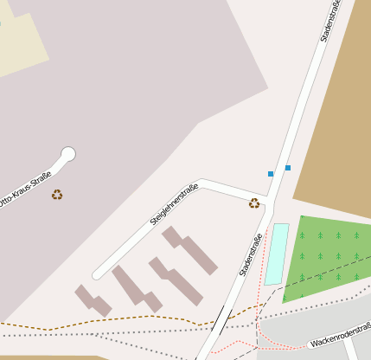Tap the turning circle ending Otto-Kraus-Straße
coord(68,154)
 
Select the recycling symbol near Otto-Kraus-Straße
coord(57,195)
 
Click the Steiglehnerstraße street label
coord(174,205)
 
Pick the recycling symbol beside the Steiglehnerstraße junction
coord(254,203)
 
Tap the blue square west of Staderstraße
coord(271,174)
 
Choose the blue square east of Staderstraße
coord(288,167)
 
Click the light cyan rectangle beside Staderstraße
coord(277,254)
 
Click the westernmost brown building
coord(93,300)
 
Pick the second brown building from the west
coord(136,289)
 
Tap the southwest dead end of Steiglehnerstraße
coord(98,274)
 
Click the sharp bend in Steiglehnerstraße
coord(201,183)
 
